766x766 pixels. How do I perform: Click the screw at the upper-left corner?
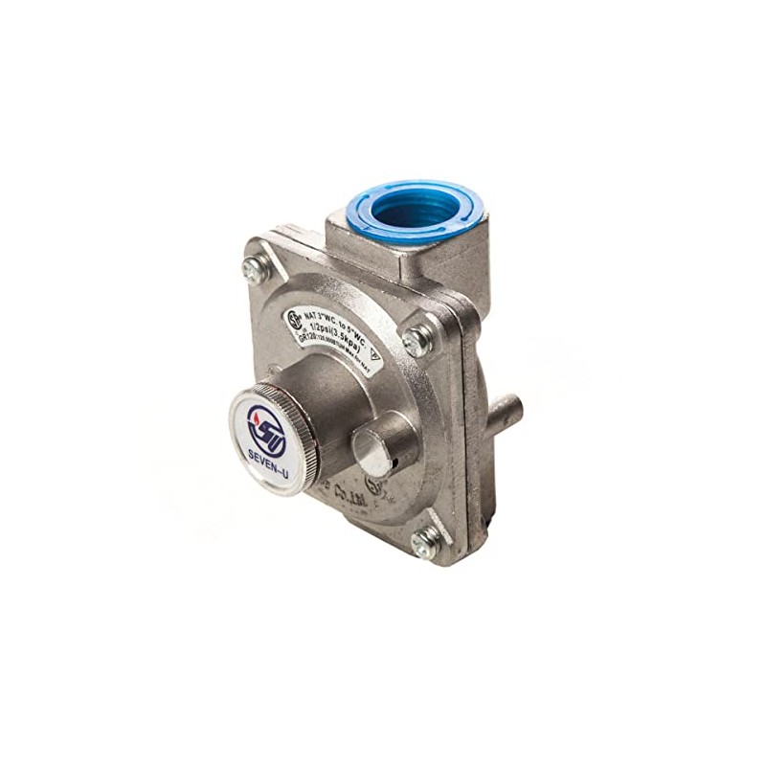click(254, 271)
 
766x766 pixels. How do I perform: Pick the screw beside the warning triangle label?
click(417, 339)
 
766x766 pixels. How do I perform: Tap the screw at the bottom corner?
click(423, 542)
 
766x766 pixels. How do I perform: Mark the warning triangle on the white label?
click(374, 354)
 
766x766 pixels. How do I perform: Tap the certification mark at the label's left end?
click(295, 321)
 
